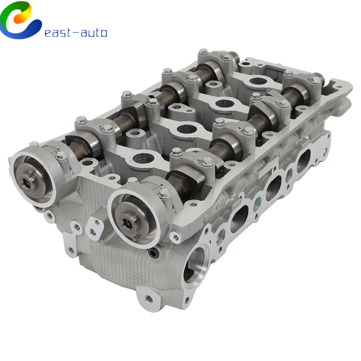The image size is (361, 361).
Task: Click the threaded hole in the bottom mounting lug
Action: click(148, 299)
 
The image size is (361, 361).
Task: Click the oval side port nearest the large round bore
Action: click(238, 218)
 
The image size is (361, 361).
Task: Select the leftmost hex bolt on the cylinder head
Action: click(34, 144)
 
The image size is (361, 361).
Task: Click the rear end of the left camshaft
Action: click(235, 57)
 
